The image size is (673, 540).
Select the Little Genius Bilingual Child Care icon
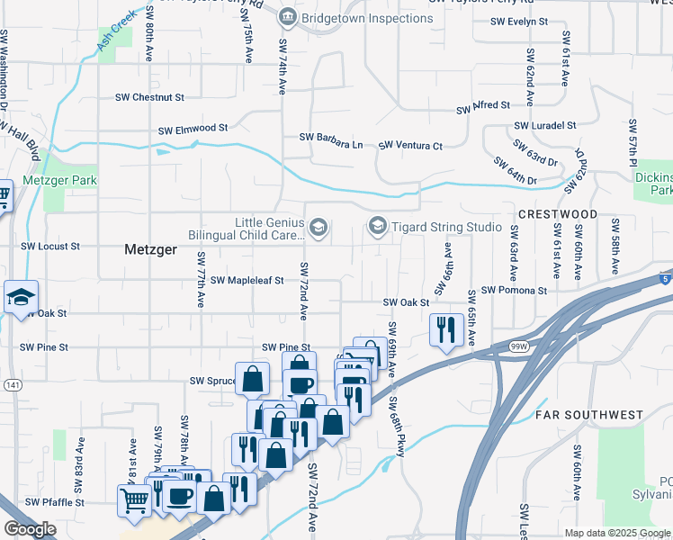pos(317,228)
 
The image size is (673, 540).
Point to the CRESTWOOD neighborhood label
pos(558,214)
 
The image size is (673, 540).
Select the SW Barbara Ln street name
pos(331,139)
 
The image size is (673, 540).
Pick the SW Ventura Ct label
pos(410,145)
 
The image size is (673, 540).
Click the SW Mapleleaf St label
pos(247,281)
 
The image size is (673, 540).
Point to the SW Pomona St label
pos(514,291)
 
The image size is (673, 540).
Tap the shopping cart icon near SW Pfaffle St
pos(135,500)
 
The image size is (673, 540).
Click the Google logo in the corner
pos(30,529)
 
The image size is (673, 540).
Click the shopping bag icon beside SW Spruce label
pos(252,379)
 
